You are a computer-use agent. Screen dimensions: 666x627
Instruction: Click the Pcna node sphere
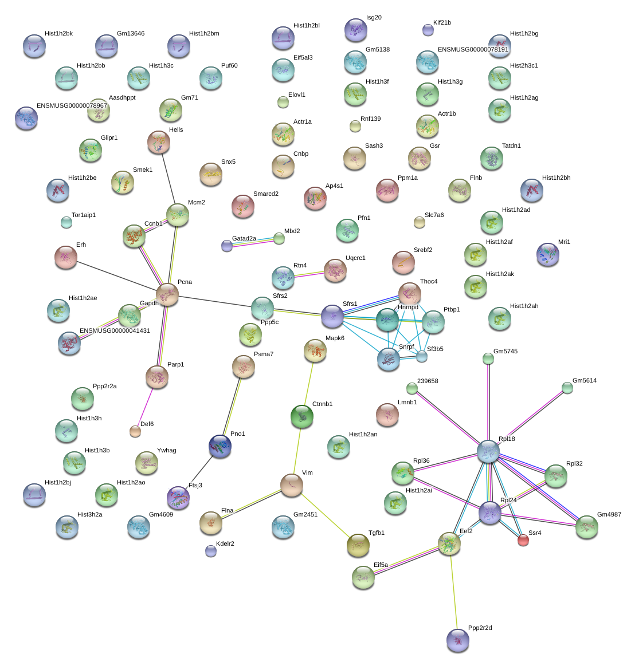[x=167, y=294]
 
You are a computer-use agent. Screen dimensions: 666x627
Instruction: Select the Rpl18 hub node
[x=488, y=451]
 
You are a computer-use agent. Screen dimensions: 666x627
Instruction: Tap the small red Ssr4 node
[x=523, y=539]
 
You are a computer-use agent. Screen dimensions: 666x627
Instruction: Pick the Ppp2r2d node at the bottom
[x=457, y=640]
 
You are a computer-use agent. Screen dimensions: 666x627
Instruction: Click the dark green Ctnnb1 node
[x=301, y=416]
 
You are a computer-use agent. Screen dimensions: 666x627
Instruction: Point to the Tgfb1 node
[x=358, y=545]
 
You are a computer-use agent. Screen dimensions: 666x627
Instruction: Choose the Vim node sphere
[x=291, y=485]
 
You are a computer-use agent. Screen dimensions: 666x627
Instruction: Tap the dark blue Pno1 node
[x=220, y=446]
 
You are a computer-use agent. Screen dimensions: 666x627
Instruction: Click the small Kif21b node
[x=428, y=30]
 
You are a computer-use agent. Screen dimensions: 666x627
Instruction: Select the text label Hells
[x=176, y=130]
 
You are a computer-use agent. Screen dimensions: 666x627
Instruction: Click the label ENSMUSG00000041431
[x=115, y=331]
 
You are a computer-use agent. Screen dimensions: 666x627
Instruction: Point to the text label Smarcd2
[x=266, y=194]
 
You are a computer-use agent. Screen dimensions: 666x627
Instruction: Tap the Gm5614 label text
[x=584, y=381]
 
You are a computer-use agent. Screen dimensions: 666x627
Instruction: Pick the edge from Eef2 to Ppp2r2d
[x=453, y=590]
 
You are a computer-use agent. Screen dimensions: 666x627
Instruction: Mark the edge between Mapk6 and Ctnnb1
[x=308, y=384]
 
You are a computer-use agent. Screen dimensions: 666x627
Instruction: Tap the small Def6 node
[x=135, y=431]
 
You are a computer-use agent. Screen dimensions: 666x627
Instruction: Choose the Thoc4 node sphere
[x=409, y=294]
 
